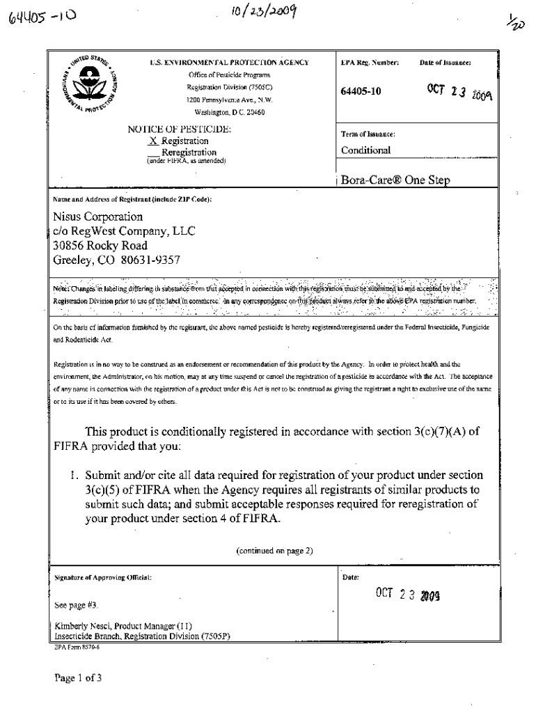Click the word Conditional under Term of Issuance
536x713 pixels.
365,150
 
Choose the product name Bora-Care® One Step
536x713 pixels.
395,180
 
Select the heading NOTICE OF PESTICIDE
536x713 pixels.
180,130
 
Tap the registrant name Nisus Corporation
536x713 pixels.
98,217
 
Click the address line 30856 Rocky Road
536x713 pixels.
100,245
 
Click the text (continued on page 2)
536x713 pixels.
274,550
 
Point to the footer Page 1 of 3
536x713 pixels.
77,677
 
